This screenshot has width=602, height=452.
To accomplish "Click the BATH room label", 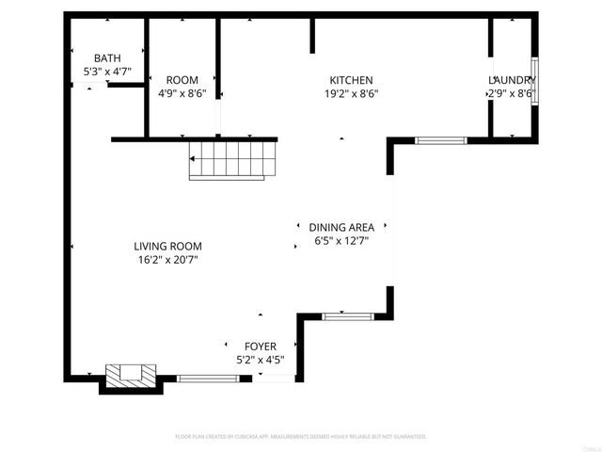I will pyautogui.click(x=107, y=58).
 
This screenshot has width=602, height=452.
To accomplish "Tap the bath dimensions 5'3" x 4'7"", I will pyautogui.click(x=107, y=72).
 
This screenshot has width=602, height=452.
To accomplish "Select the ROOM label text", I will pyautogui.click(x=182, y=80).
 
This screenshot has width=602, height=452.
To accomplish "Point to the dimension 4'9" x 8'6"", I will pyautogui.click(x=182, y=93).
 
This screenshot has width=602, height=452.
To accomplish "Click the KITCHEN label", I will pyautogui.click(x=351, y=80).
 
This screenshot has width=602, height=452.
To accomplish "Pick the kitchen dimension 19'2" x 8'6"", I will pyautogui.click(x=351, y=93).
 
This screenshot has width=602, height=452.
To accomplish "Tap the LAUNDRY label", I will pyautogui.click(x=512, y=80).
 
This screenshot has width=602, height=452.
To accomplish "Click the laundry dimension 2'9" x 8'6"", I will pyautogui.click(x=512, y=93).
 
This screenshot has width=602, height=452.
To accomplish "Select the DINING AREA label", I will pyautogui.click(x=341, y=227).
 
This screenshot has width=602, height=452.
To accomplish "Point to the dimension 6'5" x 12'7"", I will pyautogui.click(x=341, y=240).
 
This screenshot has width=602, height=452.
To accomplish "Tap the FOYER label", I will pyautogui.click(x=260, y=346).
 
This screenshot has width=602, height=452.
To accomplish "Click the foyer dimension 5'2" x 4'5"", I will pyautogui.click(x=260, y=359).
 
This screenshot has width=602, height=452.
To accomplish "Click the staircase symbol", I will pyautogui.click(x=234, y=160).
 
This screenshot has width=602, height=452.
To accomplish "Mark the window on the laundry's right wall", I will pyautogui.click(x=533, y=79).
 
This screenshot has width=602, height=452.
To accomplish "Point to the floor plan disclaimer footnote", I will pyautogui.click(x=301, y=437).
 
